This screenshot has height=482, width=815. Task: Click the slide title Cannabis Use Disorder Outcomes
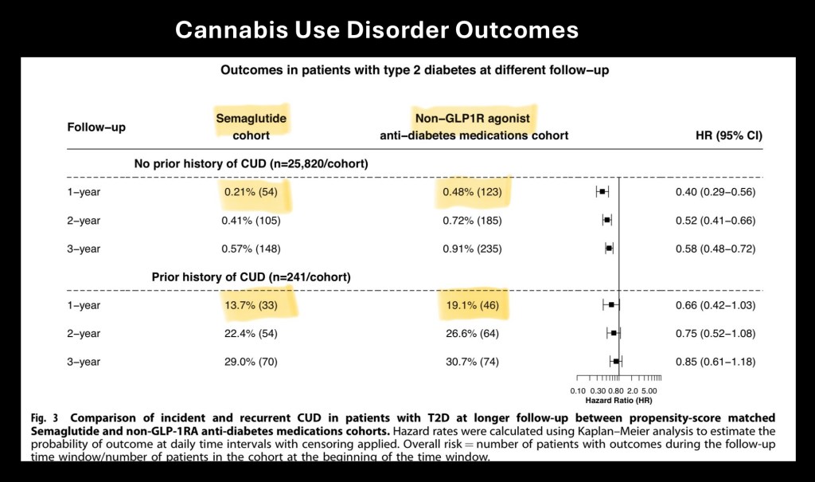pyautogui.click(x=376, y=31)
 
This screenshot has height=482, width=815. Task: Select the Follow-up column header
pyautogui.click(x=96, y=127)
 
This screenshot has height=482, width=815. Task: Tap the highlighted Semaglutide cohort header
pyautogui.click(x=251, y=127)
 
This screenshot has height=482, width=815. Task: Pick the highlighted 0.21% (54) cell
pyautogui.click(x=252, y=192)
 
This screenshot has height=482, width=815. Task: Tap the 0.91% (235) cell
pyautogui.click(x=475, y=249)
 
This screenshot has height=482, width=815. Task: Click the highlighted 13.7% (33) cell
pyautogui.click(x=252, y=305)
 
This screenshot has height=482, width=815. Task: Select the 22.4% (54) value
pyautogui.click(x=252, y=333)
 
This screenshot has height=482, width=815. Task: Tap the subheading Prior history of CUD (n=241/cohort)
pyautogui.click(x=251, y=277)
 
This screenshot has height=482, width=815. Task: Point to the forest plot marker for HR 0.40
pyautogui.click(x=602, y=192)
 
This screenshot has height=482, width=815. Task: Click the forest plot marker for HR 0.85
pyautogui.click(x=616, y=362)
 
